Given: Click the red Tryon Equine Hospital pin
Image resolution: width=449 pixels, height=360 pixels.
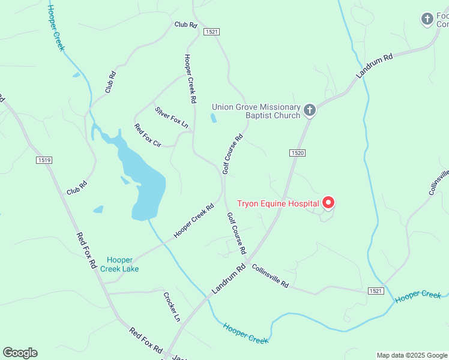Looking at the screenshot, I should point(328,203).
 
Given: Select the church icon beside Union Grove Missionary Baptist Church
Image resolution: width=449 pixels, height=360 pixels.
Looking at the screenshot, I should point(309,110).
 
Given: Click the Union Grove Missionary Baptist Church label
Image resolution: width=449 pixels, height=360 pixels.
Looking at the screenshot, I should point(256,111).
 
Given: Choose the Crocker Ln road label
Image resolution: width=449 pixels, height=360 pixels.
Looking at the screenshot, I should point(172,307).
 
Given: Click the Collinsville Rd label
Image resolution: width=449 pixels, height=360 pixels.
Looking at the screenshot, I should point(270,275).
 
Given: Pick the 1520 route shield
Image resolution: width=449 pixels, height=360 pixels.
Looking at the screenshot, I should point(298,153).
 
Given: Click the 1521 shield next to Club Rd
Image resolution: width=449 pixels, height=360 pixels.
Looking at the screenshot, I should point(211,31).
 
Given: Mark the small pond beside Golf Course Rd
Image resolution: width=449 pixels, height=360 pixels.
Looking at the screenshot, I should point(214,118).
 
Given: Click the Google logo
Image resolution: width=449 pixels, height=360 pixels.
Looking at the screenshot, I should point(20,353).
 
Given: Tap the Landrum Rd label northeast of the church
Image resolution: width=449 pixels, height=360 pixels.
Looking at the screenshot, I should point(374,66).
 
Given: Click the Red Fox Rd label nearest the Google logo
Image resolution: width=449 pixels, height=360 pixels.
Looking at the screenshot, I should point(146,340).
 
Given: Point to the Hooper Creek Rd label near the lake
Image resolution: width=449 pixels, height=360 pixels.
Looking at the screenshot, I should point(194,221).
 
